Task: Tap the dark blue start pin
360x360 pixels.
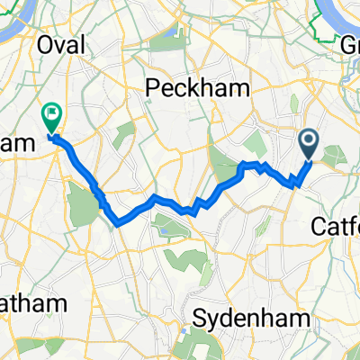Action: [x=309, y=142]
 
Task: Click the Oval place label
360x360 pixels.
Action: [x=60, y=45]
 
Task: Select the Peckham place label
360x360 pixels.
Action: [x=184, y=89]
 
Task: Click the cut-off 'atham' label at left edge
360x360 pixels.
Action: [x=27, y=304]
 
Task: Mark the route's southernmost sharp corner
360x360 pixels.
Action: [x=118, y=222]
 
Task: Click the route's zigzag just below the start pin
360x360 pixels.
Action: [x=295, y=180]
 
